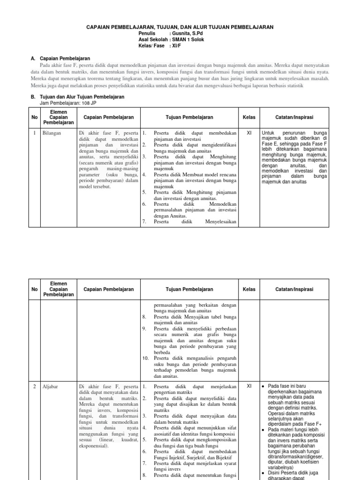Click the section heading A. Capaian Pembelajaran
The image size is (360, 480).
pos(60,59)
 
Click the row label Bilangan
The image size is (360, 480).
pos(52,133)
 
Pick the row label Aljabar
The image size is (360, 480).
pos(50,387)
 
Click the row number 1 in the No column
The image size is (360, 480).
pos(34,133)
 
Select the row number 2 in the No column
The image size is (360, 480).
pos(34,387)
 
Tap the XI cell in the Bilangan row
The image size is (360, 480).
pos(249,133)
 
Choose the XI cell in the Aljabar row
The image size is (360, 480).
pos(249,387)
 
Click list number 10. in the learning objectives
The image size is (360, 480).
pos(146,358)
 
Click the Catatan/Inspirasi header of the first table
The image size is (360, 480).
pos(294,117)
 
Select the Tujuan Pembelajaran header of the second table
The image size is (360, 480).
pos(189,289)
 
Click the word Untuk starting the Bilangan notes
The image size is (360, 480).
pos(269,133)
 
